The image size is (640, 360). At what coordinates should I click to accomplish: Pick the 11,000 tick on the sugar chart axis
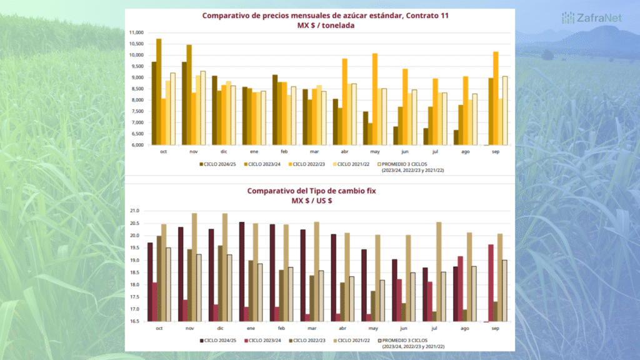tap(136, 32)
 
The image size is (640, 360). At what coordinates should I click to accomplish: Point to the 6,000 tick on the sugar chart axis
tap(136, 145)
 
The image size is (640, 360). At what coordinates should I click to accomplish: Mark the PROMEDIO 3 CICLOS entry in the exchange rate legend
tap(412, 341)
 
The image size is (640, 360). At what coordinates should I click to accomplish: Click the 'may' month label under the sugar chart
tap(374, 151)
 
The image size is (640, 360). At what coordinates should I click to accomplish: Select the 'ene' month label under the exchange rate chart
tap(250, 327)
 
